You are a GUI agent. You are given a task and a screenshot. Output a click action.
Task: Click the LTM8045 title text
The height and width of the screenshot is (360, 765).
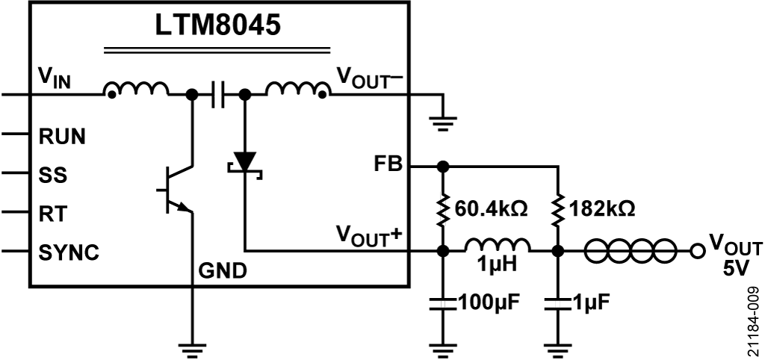217,25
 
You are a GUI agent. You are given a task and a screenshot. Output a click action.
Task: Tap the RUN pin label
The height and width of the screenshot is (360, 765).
62,137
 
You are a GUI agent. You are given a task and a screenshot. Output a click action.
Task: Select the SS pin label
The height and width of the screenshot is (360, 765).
52,176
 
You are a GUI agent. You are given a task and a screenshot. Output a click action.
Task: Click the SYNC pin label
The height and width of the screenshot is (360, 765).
68,252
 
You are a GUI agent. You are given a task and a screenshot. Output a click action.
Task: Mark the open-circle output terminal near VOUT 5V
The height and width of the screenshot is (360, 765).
698,251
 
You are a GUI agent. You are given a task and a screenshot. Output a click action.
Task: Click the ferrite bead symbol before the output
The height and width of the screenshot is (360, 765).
632,251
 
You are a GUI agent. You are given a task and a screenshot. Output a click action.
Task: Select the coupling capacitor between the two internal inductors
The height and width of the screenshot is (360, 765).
217,95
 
